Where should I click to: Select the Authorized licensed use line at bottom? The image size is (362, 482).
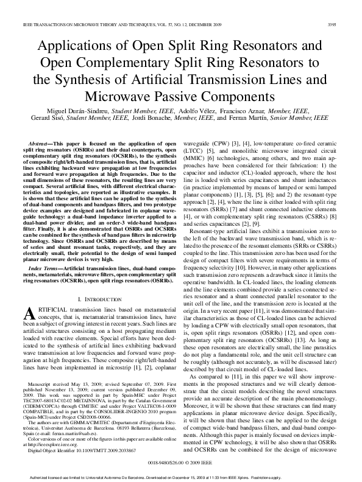point(181,478)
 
